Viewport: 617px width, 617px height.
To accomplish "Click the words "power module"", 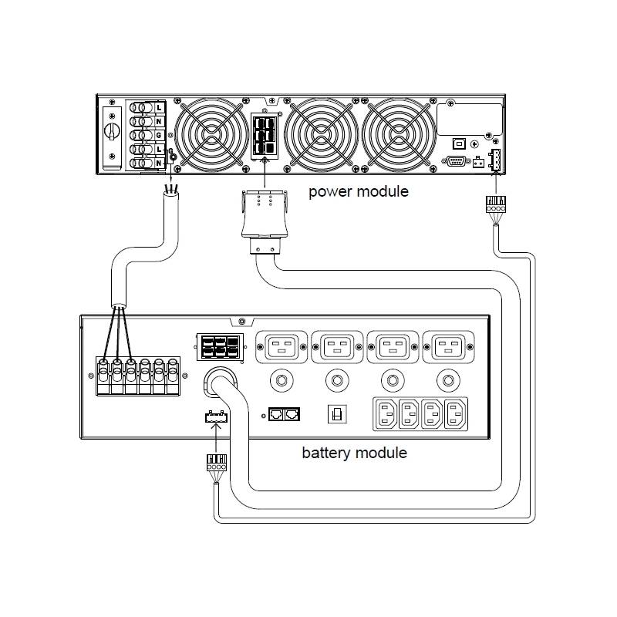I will coord(359,190).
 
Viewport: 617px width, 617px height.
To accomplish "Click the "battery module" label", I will coord(354,452).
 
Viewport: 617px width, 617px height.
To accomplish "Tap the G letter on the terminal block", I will coord(159,134).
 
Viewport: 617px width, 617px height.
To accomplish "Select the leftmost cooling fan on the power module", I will coord(211,133).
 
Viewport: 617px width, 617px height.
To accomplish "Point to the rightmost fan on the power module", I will coord(398,133).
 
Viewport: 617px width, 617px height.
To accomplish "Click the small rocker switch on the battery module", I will coord(335,414).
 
